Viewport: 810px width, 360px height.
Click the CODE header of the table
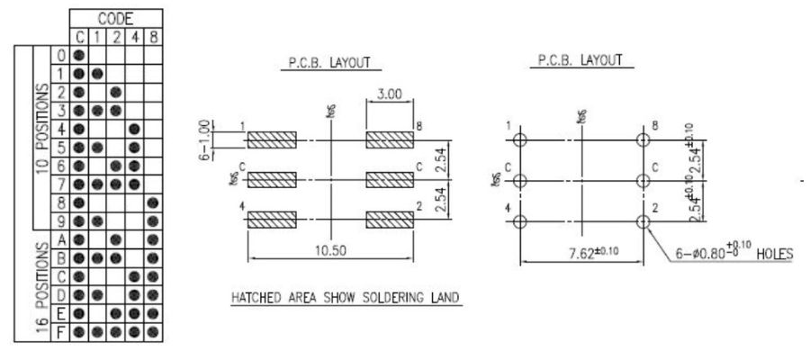[x=116, y=18]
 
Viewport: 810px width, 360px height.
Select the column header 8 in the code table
[x=153, y=37]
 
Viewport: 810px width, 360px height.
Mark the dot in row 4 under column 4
[x=134, y=129]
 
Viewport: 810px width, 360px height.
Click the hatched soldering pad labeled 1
[x=271, y=140]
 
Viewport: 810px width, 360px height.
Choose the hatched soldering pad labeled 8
[x=389, y=140]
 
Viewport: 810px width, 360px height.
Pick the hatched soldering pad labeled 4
[x=271, y=220]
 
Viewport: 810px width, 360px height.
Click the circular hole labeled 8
[x=643, y=140]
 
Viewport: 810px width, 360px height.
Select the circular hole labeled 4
[x=520, y=220]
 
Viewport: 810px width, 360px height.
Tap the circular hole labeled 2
[x=643, y=220]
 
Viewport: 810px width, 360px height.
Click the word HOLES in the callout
[x=773, y=254]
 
